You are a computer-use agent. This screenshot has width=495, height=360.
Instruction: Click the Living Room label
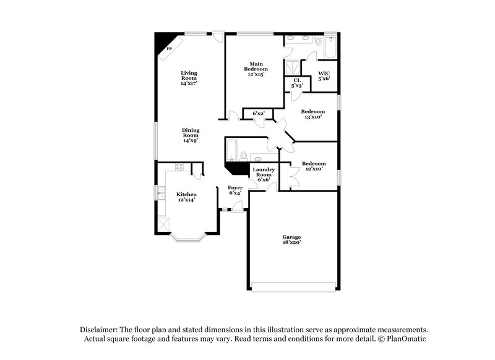click(189, 77)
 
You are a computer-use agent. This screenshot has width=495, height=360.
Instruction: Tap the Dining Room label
click(190, 135)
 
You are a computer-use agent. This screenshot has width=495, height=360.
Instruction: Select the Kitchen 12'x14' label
click(186, 197)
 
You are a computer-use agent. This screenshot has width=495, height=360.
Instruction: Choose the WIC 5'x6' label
click(324, 76)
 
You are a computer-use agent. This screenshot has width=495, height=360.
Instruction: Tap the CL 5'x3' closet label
click(297, 83)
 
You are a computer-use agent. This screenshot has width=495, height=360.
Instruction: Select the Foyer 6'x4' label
click(235, 190)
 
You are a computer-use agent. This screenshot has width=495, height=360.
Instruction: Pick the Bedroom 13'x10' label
click(312, 114)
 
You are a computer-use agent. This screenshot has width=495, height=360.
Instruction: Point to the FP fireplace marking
click(169, 48)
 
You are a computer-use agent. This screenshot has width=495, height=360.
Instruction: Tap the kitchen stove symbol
click(180, 166)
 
